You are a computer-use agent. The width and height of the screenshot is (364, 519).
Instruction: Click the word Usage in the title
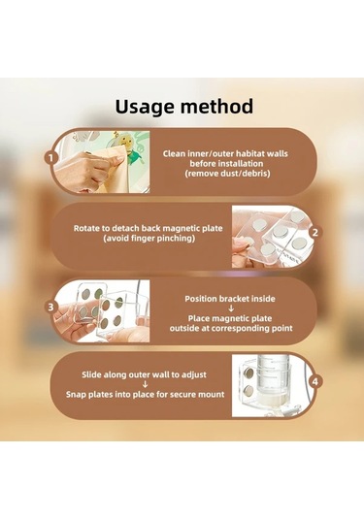[x=145, y=107]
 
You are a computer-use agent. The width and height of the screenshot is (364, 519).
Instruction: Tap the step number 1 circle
[x=50, y=158]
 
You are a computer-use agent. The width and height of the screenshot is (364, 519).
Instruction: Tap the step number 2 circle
[x=314, y=233]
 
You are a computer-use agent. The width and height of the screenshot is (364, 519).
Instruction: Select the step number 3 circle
[x=50, y=308]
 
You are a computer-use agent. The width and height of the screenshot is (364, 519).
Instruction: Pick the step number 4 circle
[x=314, y=381]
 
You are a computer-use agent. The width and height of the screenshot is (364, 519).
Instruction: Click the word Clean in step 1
[x=174, y=153]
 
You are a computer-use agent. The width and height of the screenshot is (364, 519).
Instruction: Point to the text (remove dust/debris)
[x=227, y=173]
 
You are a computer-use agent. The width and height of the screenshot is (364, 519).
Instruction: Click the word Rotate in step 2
[x=86, y=228]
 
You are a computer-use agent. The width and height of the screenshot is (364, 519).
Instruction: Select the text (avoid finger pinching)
[x=149, y=238]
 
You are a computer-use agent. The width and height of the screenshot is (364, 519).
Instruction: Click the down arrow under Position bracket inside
[x=231, y=308]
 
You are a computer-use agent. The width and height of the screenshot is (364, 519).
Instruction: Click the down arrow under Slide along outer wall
[x=145, y=384]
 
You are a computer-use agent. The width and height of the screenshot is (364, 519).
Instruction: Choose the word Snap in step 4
[x=76, y=394]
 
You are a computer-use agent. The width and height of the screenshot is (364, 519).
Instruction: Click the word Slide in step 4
[x=92, y=374]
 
